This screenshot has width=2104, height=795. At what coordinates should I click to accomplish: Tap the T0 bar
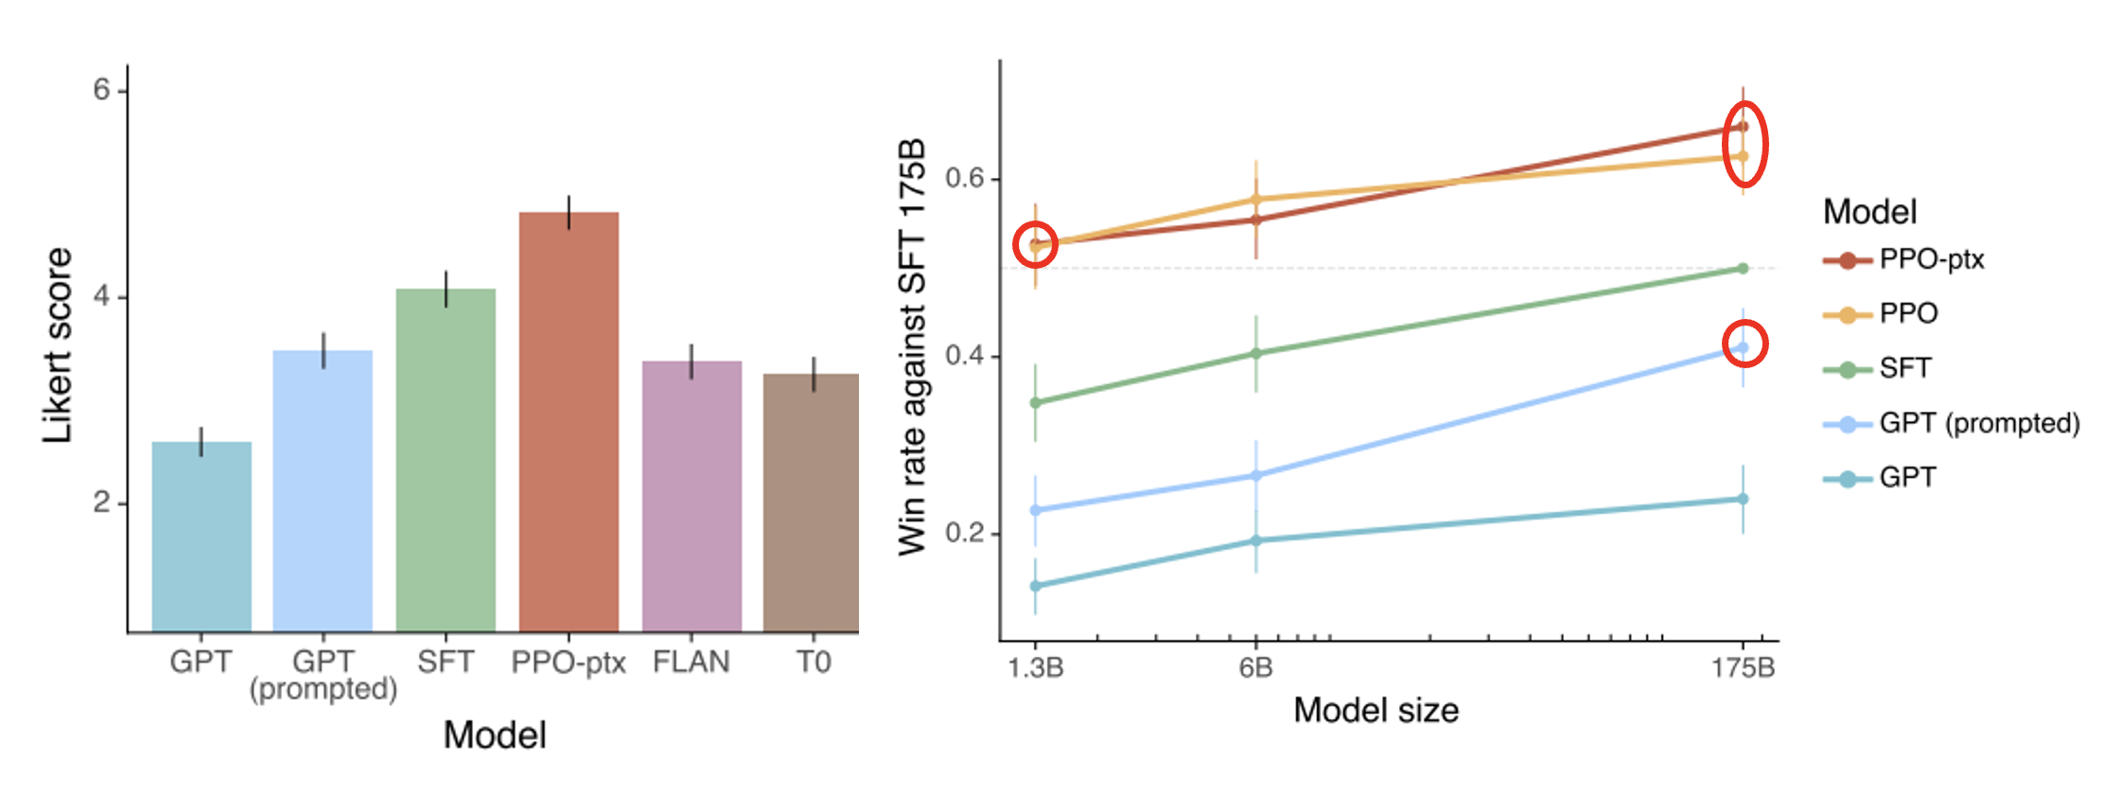click(x=812, y=502)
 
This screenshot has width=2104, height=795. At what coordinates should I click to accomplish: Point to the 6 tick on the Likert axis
click(x=102, y=90)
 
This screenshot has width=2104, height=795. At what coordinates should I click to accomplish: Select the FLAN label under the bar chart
click(x=692, y=662)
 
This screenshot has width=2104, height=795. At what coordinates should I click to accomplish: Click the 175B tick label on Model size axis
click(x=1743, y=668)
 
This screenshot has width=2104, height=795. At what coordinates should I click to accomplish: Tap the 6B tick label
click(x=1255, y=668)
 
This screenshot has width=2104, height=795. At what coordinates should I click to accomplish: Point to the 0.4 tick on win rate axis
click(x=965, y=356)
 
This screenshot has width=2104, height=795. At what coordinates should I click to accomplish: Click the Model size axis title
click(x=1376, y=710)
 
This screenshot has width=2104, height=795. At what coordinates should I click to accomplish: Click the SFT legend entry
click(x=1904, y=368)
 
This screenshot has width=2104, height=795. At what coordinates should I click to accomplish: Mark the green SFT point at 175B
click(x=1743, y=269)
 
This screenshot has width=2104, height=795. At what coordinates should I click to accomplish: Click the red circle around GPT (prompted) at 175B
click(x=1744, y=344)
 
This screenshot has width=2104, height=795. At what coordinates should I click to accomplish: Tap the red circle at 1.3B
click(x=1036, y=244)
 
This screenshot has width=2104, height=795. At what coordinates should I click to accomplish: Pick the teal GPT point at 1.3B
click(x=1036, y=586)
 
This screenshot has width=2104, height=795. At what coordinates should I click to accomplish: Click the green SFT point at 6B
click(x=1256, y=354)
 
